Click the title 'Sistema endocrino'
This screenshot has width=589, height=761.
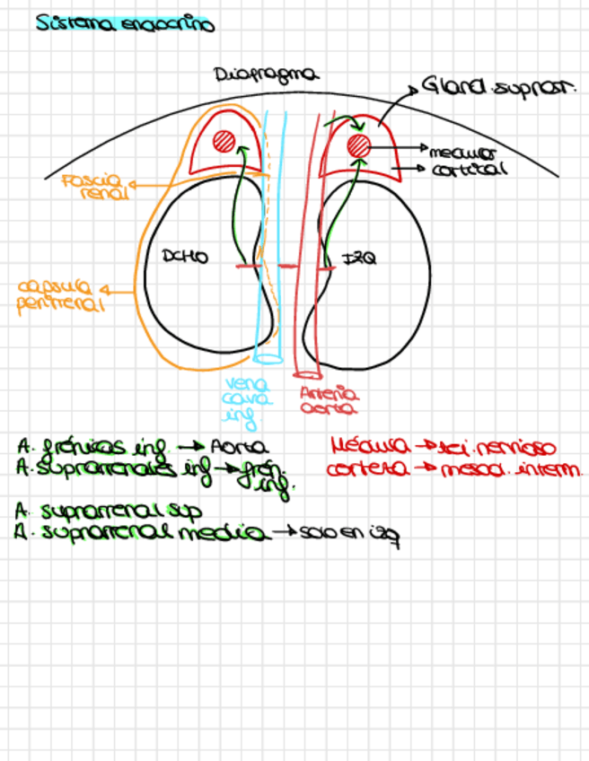click(x=125, y=24)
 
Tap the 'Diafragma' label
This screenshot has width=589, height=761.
click(x=267, y=75)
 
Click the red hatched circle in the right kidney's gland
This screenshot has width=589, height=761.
click(x=224, y=142)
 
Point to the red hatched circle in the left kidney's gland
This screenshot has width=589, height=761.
click(x=359, y=144)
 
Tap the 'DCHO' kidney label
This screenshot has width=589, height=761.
click(x=185, y=258)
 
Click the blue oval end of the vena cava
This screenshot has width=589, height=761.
click(x=268, y=359)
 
